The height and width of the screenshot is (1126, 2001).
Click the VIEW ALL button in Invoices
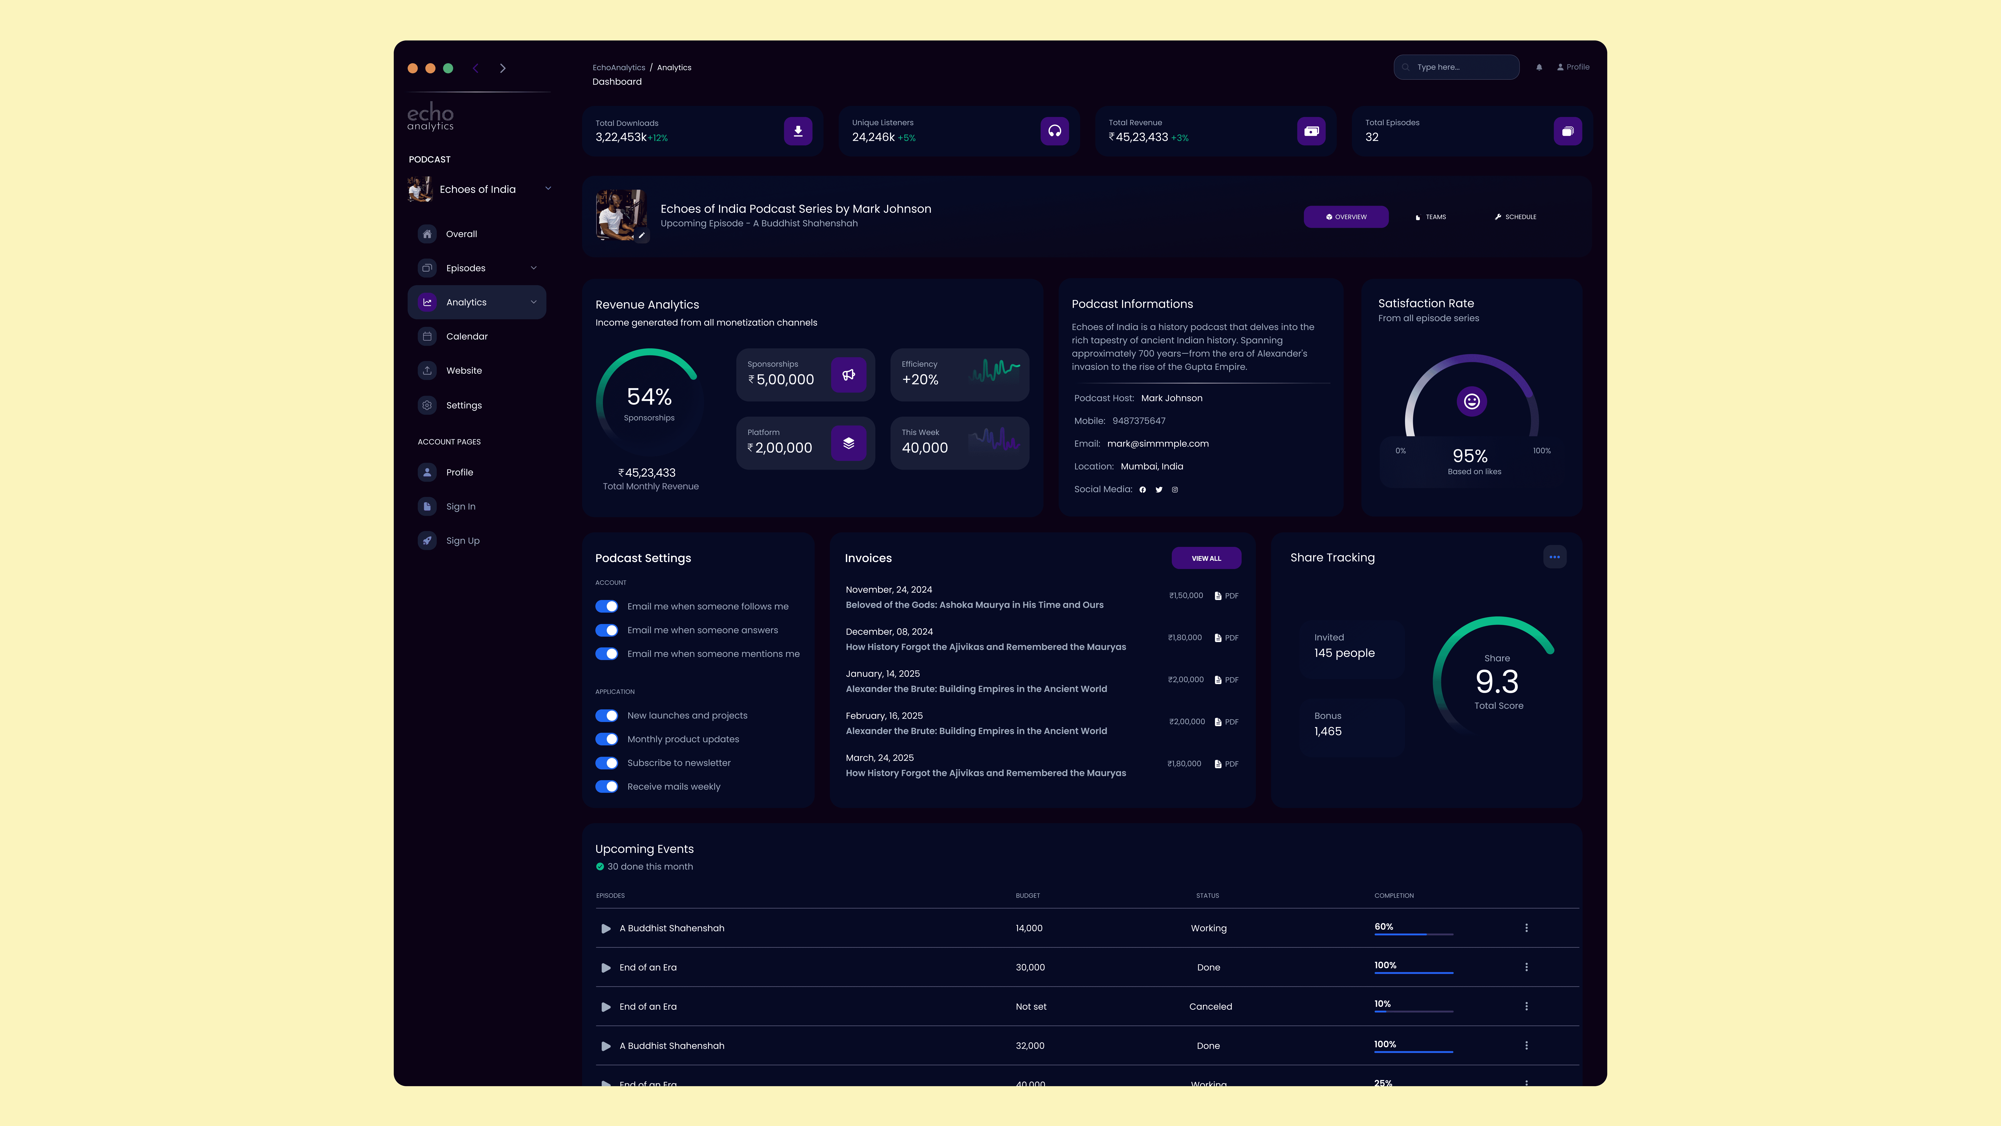(x=1205, y=558)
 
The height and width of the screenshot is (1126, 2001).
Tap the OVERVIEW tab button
(x=1346, y=217)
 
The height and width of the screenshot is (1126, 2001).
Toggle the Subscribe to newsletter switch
(x=607, y=763)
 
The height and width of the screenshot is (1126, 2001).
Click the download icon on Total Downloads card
(x=798, y=131)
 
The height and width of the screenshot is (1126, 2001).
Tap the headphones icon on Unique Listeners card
(x=1054, y=131)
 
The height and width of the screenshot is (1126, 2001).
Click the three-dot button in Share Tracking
(x=1554, y=557)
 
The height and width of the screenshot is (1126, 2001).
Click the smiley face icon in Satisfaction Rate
(x=1471, y=401)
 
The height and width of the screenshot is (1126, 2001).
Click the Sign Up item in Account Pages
(x=462, y=541)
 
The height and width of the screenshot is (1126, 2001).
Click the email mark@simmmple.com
(x=1157, y=444)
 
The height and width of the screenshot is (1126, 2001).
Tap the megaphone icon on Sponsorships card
(x=848, y=374)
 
